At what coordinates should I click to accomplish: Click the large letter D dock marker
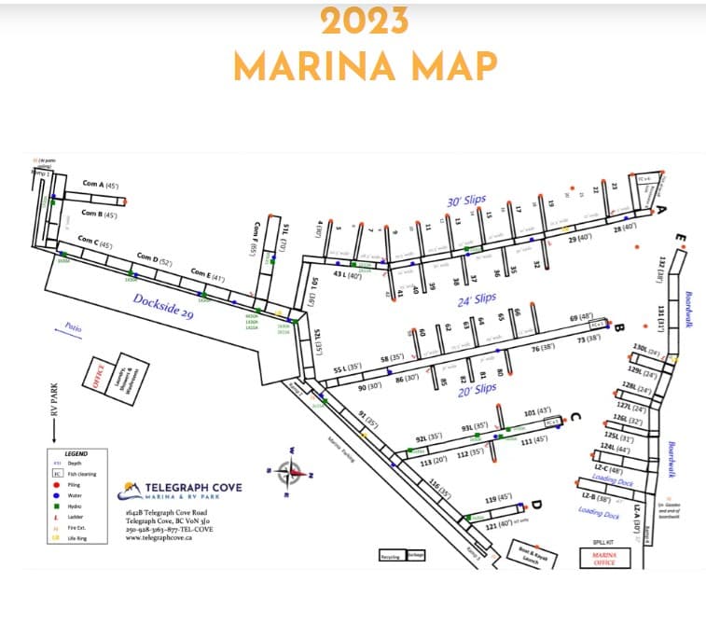click(537, 506)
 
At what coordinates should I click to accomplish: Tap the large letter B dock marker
click(617, 326)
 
